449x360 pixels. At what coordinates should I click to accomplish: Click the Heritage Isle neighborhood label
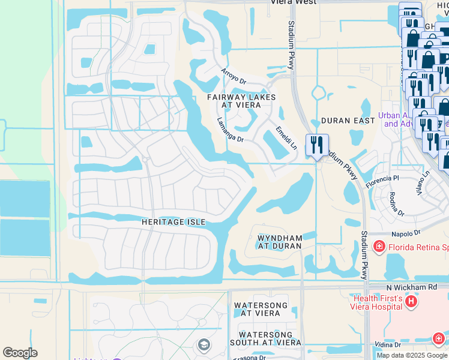[173, 222]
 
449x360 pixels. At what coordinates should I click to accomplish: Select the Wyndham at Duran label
[279, 242]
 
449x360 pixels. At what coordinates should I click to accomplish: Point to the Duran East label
[348, 121]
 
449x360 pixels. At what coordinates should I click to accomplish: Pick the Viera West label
[294, 2]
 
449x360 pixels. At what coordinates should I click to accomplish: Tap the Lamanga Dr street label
[230, 130]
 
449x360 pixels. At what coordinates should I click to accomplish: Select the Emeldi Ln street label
[286, 137]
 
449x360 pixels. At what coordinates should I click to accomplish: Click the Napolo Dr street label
[404, 233]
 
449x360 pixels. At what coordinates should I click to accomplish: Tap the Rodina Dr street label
[396, 203]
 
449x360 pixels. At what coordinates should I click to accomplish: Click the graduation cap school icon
[203, 344]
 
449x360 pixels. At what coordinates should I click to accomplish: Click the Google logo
[20, 353]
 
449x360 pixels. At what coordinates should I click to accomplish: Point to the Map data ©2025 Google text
[412, 355]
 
